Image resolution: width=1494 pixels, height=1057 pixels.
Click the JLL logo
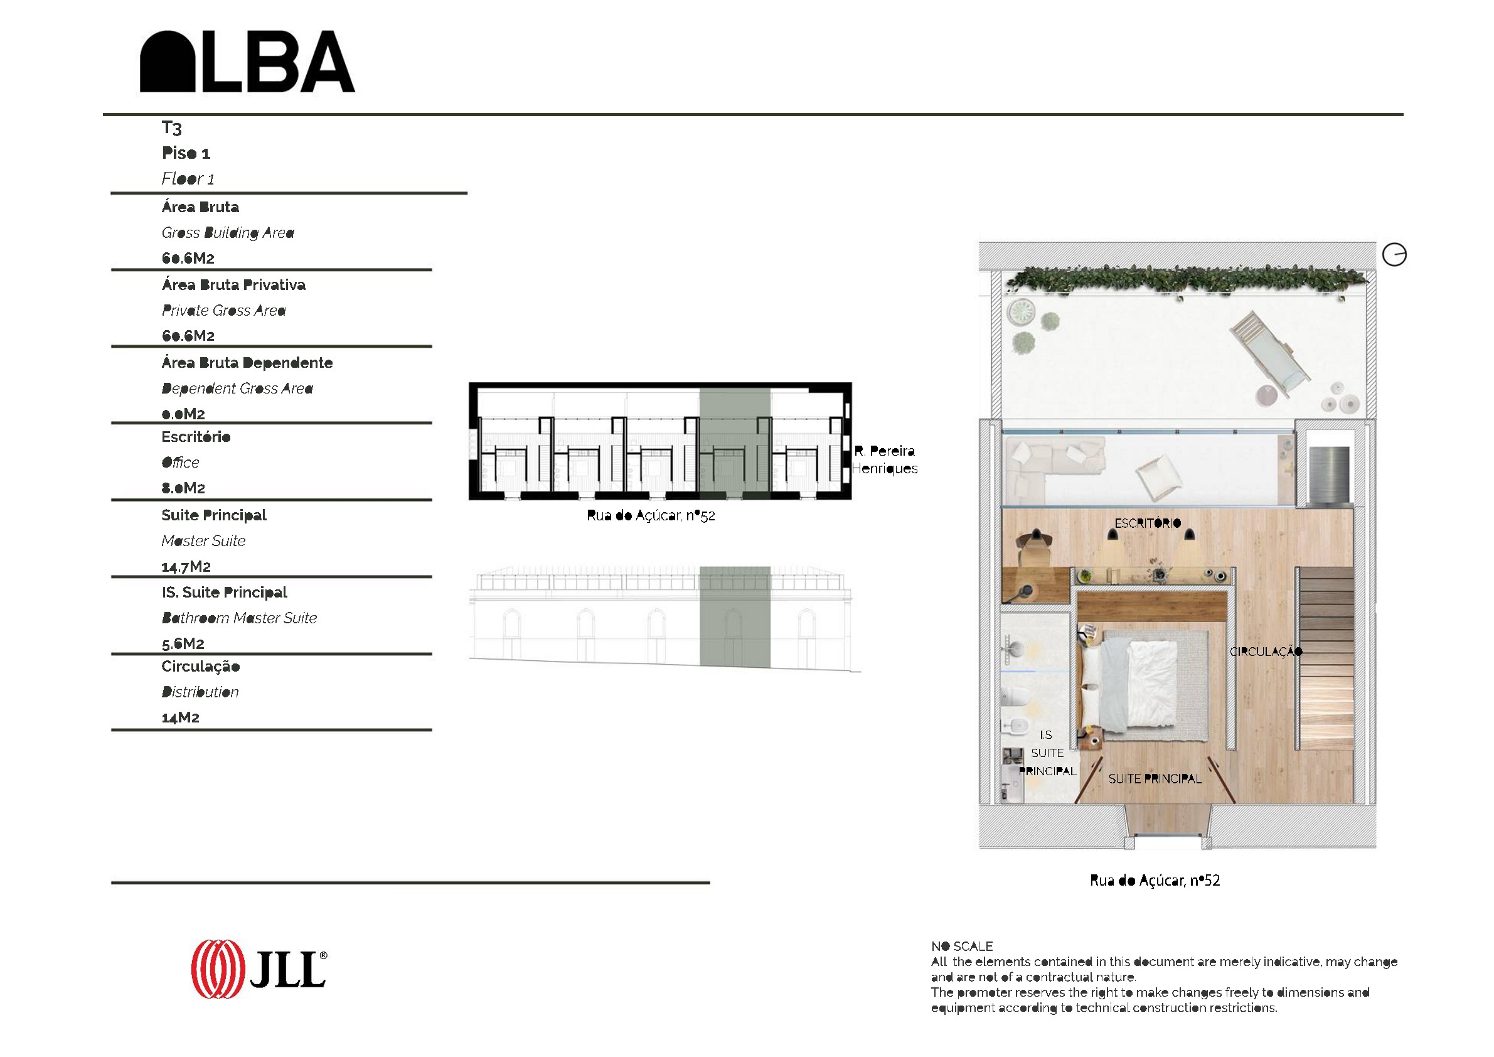click(259, 968)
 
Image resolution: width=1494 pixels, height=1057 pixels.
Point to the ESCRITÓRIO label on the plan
click(1147, 523)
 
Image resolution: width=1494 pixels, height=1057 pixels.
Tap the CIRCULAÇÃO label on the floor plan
click(1266, 651)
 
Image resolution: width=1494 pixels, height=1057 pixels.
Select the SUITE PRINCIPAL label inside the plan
click(1155, 778)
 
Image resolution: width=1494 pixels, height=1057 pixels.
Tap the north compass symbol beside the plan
click(1394, 254)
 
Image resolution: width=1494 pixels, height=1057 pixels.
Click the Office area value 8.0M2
click(183, 488)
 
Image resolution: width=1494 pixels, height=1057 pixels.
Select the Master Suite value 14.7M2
click(186, 566)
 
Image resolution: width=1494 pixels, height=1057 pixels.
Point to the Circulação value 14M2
click(180, 717)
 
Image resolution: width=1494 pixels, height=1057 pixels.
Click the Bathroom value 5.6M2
click(183, 644)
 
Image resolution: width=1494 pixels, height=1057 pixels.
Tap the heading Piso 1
click(186, 153)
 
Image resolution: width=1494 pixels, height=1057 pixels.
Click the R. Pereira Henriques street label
click(885, 459)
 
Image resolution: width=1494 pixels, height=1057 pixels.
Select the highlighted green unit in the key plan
click(735, 441)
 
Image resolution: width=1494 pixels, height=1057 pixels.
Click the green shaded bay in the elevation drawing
click(735, 617)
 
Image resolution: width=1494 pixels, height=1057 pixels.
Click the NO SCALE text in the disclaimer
click(962, 947)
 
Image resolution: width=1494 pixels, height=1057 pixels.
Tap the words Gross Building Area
click(228, 232)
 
